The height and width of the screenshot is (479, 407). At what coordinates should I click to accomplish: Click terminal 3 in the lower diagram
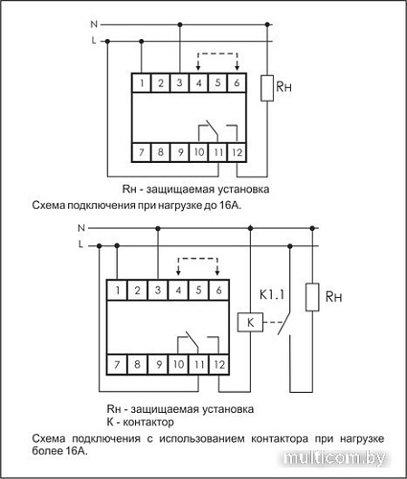[x=157, y=289]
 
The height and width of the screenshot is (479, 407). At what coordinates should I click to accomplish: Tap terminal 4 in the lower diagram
[x=178, y=289]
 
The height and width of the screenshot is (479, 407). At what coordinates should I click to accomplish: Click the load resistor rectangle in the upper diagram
[x=267, y=87]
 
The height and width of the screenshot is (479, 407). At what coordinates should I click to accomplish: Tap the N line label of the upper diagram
[x=92, y=20]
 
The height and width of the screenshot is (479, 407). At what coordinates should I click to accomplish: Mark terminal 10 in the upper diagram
[x=199, y=151]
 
